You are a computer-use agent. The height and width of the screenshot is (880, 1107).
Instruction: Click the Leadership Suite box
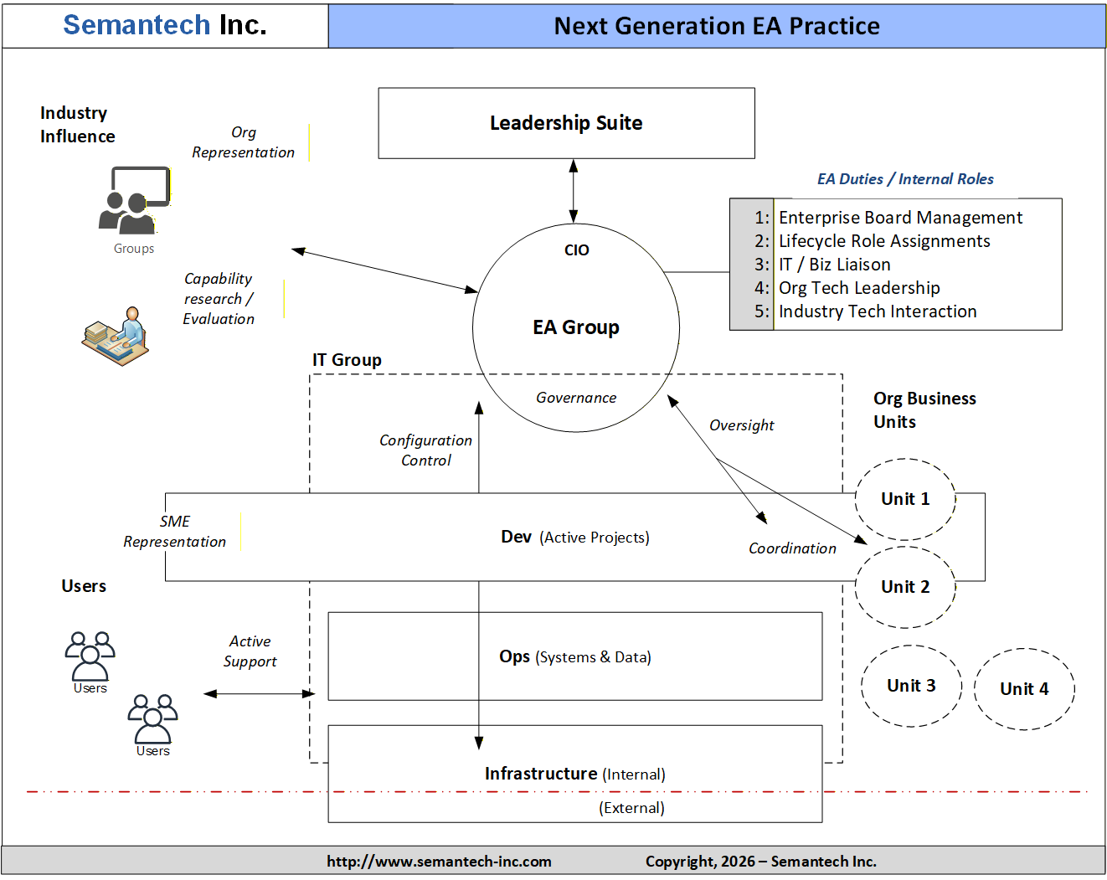566,123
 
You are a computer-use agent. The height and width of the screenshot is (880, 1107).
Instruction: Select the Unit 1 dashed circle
904,499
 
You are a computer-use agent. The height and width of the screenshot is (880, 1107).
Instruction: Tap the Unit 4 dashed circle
1024,689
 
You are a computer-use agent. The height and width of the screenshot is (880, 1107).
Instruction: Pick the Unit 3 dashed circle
911,686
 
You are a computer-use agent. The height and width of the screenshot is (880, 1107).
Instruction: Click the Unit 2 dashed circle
904,587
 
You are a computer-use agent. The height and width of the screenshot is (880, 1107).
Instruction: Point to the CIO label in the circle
576,250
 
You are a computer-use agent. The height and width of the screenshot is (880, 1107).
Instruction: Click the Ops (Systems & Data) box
574,656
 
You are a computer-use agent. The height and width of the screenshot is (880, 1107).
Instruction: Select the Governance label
576,398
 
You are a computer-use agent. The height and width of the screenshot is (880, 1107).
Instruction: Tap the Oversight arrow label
741,425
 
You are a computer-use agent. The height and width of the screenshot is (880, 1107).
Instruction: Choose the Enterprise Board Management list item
900,218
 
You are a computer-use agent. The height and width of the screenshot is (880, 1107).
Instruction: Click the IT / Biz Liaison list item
834,265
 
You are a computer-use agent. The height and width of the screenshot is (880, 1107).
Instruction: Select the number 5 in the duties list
760,311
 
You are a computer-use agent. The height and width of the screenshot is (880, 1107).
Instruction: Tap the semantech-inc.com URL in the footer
439,862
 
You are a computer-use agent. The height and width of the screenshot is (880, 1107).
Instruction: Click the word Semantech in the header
136,25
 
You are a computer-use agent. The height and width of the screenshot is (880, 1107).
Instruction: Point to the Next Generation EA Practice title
717,26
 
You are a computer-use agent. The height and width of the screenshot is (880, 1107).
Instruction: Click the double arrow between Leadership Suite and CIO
574,191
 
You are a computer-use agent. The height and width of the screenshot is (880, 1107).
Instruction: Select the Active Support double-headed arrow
260,693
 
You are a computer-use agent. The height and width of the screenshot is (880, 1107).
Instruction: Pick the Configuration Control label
425,450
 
